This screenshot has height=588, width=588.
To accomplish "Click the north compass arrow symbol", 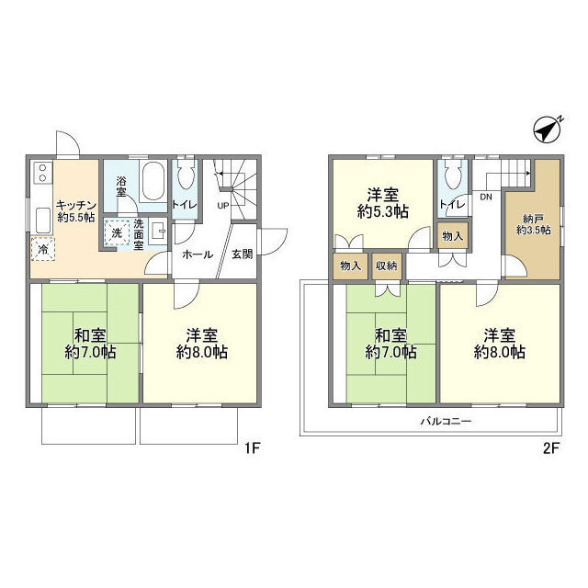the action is [x=548, y=129].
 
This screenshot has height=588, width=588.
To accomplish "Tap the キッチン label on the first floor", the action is [x=76, y=206].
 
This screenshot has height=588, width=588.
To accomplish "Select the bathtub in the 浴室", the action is [x=153, y=182].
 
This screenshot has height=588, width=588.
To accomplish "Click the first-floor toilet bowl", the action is [x=186, y=175].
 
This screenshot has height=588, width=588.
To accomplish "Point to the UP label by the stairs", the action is [x=223, y=206].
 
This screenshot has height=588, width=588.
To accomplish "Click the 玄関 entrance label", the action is [x=243, y=254].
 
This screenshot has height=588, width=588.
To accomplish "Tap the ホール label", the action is [x=198, y=254].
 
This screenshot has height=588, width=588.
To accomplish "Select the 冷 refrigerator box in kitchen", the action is [x=43, y=249].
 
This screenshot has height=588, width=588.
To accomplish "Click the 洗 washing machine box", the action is [x=117, y=232].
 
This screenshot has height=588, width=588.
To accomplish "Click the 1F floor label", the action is [x=252, y=448].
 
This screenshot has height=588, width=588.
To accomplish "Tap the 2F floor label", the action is [x=551, y=448].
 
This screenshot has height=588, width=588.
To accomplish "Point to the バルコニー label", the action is [x=446, y=421].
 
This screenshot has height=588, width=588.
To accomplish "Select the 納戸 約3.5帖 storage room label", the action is [x=533, y=224].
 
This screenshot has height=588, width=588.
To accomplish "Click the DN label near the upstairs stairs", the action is [x=486, y=198].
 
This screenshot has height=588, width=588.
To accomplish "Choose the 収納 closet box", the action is [x=387, y=266].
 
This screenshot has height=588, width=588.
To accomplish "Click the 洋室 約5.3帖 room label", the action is [x=383, y=203].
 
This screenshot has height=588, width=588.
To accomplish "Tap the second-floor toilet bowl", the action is [x=453, y=175].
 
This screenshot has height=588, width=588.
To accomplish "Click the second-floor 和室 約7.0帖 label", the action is [x=390, y=344].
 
